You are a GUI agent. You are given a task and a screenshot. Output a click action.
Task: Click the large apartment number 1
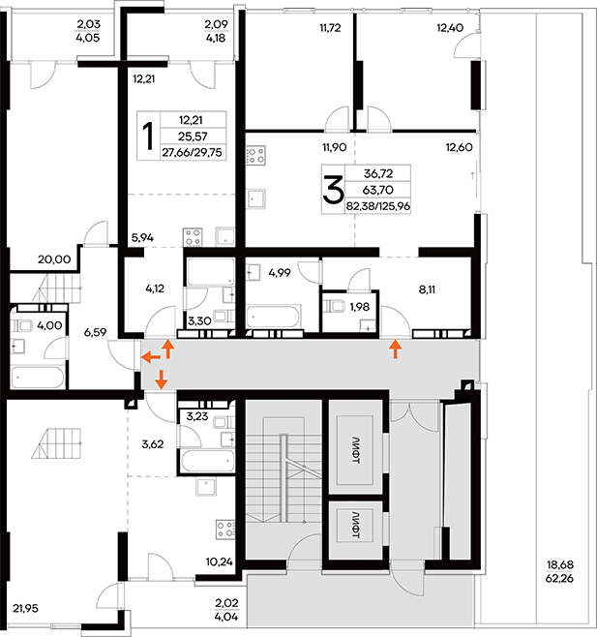(x=149, y=136)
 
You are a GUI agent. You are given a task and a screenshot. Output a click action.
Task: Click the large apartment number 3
(x=333, y=190)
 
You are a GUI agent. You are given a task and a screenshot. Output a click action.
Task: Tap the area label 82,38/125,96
(x=378, y=206)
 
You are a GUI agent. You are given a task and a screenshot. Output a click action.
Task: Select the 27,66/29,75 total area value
(x=193, y=152)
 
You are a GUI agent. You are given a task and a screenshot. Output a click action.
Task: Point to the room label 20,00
(x=54, y=259)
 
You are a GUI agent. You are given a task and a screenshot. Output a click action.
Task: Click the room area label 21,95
(x=25, y=608)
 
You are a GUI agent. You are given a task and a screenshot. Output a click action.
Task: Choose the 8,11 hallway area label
(x=427, y=289)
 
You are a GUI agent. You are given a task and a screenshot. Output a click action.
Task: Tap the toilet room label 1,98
(x=360, y=307)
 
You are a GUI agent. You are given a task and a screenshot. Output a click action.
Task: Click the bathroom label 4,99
(x=280, y=273)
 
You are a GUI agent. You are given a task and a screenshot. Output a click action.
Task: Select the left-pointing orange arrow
(x=150, y=357)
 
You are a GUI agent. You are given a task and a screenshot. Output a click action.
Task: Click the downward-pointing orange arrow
(x=162, y=379)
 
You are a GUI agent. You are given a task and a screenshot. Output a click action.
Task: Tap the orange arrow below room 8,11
(x=396, y=349)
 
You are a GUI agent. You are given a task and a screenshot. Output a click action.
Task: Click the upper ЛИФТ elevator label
(x=356, y=450)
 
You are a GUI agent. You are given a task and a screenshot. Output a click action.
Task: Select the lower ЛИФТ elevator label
(x=356, y=525)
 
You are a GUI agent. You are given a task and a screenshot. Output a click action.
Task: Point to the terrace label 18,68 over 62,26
(x=560, y=571)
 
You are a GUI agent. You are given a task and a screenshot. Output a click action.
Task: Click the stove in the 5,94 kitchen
(x=193, y=237)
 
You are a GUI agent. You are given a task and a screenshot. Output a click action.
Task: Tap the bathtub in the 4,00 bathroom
(x=38, y=378)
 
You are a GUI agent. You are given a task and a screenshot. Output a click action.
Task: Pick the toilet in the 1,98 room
(x=334, y=306)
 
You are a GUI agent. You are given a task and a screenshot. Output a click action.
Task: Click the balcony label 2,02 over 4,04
(x=226, y=609)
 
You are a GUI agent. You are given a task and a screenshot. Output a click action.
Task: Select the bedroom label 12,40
(x=450, y=28)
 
